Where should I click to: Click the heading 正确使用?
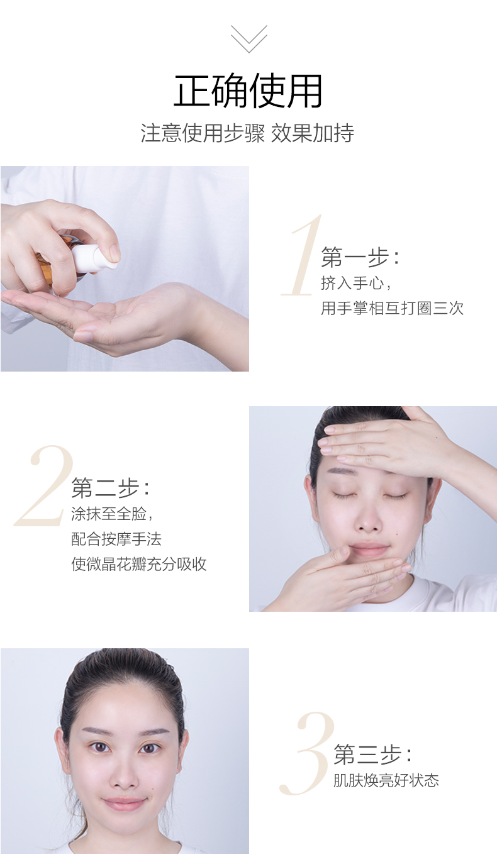(248, 91)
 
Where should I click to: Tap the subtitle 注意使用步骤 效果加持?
(247, 133)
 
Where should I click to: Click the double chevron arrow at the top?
(249, 38)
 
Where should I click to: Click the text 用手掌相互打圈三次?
(392, 308)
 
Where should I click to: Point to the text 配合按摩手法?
(116, 539)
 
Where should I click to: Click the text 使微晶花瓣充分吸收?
(139, 564)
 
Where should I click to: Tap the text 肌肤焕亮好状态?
(386, 780)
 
